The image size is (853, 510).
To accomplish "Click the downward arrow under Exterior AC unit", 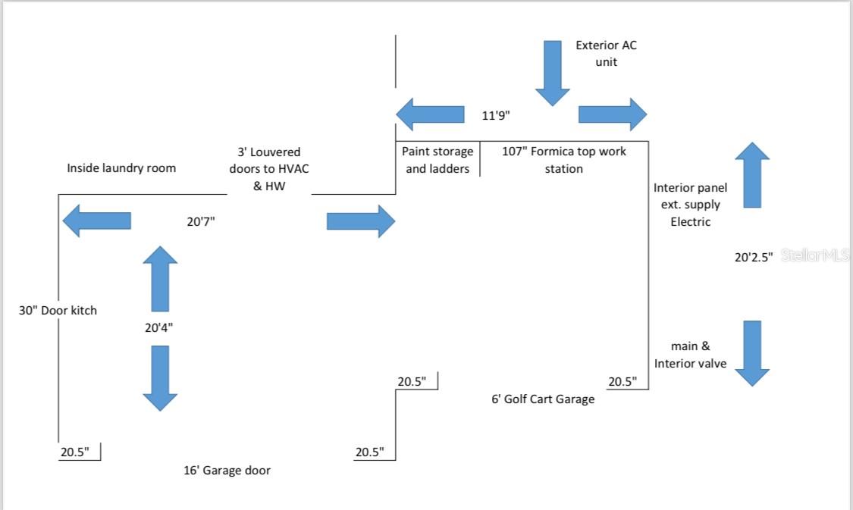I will pyautogui.click(x=552, y=73).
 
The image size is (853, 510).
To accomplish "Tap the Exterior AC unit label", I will pyautogui.click(x=606, y=53).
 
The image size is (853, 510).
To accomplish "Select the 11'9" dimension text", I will pyautogui.click(x=497, y=116).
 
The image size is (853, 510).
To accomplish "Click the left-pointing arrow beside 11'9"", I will pyautogui.click(x=430, y=114).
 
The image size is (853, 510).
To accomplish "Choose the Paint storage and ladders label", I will pyautogui.click(x=437, y=160).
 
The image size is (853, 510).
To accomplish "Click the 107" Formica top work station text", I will pyautogui.click(x=564, y=160).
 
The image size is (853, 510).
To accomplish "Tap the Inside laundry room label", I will pyautogui.click(x=121, y=167).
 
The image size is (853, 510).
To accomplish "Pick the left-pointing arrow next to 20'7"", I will pyautogui.click(x=96, y=221).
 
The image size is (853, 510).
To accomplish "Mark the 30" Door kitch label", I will pyautogui.click(x=58, y=310).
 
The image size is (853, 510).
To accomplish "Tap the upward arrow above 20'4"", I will pyautogui.click(x=160, y=278).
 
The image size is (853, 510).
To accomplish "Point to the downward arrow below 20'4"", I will pyautogui.click(x=160, y=378).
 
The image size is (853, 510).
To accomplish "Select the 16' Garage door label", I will pyautogui.click(x=227, y=471).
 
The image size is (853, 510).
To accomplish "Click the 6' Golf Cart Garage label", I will pyautogui.click(x=543, y=399).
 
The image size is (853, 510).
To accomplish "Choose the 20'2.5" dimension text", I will pyautogui.click(x=754, y=258).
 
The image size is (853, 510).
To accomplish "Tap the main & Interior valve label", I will pyautogui.click(x=690, y=355).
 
